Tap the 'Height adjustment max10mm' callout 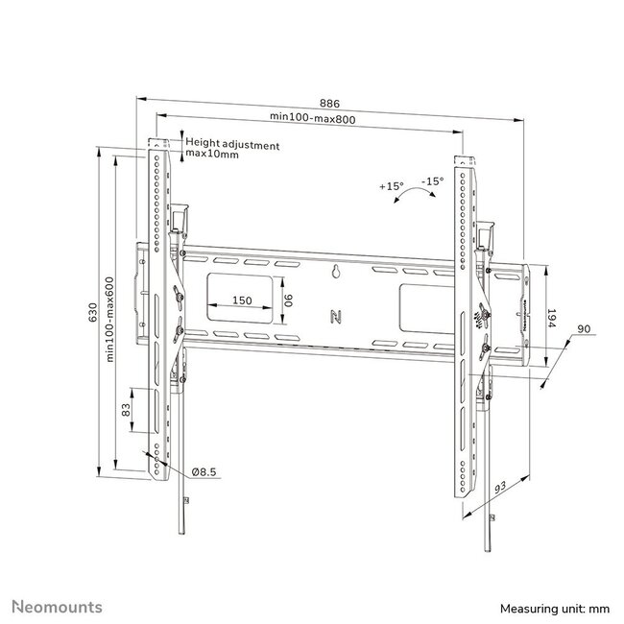[231, 149]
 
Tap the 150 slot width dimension [242, 300]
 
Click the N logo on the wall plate [336, 314]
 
